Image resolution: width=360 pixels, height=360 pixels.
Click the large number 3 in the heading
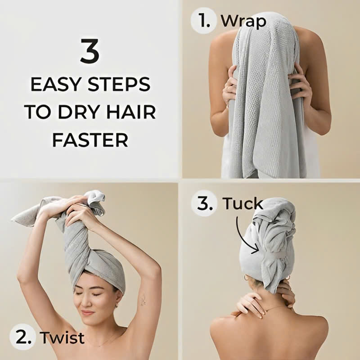click(x=90, y=51)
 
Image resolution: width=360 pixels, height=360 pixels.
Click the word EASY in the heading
click(x=55, y=85)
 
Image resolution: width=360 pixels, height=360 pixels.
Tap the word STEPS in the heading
click(x=119, y=85)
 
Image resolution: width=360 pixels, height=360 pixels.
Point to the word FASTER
click(x=90, y=140)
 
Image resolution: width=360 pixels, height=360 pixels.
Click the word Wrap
click(x=243, y=22)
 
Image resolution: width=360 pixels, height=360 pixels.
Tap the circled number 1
click(x=203, y=21)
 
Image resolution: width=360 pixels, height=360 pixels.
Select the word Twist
click(x=62, y=337)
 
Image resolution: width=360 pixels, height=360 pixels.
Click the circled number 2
click(x=23, y=337)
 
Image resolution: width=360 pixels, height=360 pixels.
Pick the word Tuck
click(x=243, y=203)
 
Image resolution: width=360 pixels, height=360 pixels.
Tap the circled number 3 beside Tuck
click(x=204, y=203)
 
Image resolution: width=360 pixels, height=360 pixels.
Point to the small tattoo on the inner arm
click(x=144, y=300)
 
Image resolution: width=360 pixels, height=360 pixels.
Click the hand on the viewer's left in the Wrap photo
click(x=230, y=85)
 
